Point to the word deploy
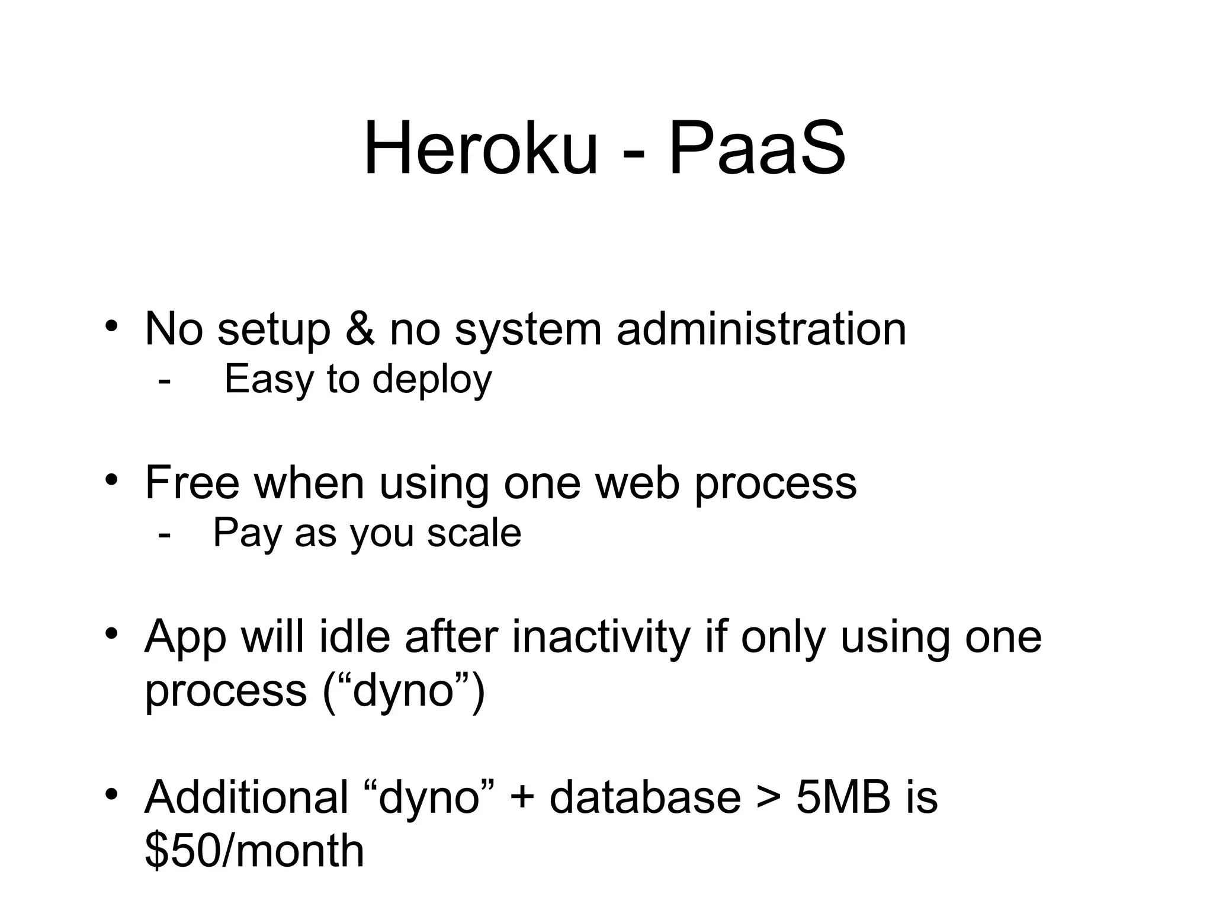pyautogui.click(x=432, y=380)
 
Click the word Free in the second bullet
pyautogui.click(x=192, y=483)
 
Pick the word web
pyautogui.click(x=637, y=483)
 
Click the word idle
pyautogui.click(x=355, y=637)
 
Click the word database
pyautogui.click(x=645, y=797)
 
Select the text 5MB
pyautogui.click(x=843, y=797)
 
